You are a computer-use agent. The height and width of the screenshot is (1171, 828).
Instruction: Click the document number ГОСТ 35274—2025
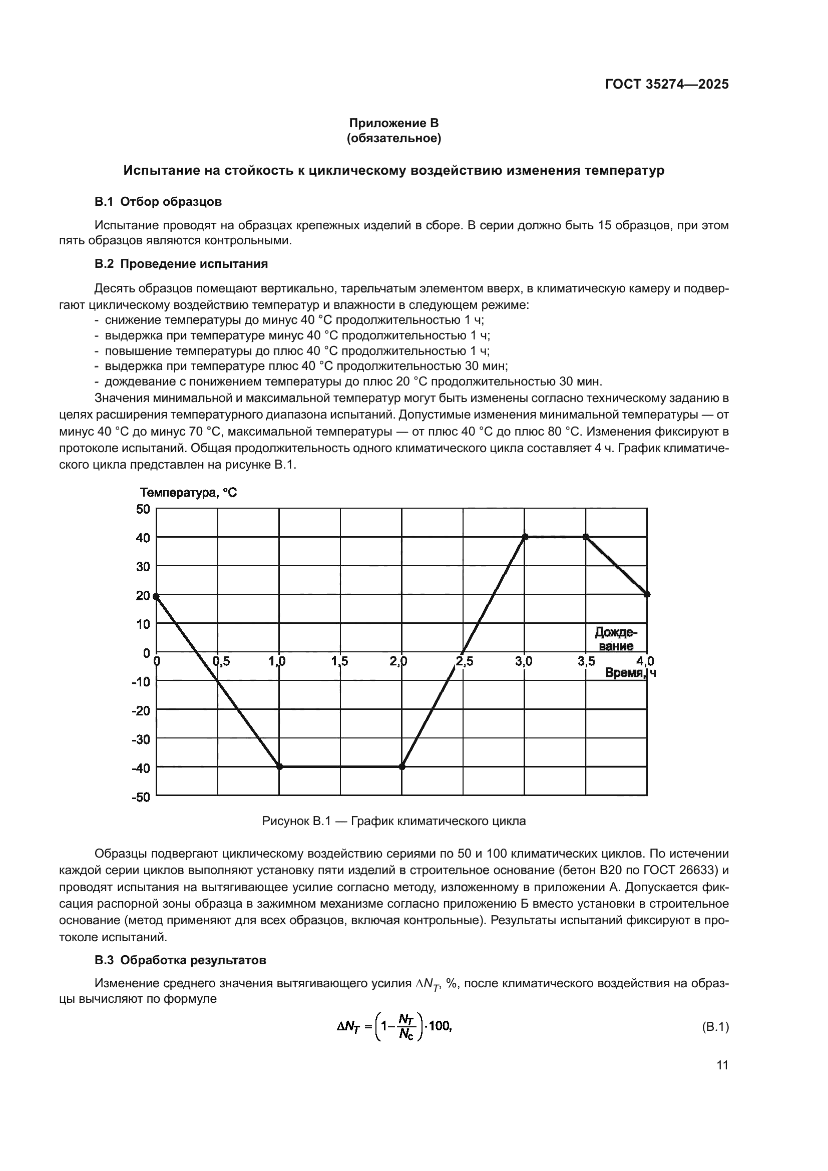coord(666,85)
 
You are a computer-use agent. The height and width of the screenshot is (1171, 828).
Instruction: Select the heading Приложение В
coord(393,123)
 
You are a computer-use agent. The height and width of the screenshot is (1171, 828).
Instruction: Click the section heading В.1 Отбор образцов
coord(158,201)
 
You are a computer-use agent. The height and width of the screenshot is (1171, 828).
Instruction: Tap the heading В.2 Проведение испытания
coord(181,264)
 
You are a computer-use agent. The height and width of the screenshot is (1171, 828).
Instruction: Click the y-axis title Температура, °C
coord(189,493)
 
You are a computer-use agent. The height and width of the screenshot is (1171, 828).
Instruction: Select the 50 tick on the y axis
coord(143,509)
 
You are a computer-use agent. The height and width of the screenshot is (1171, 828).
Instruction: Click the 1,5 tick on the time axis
coord(339,661)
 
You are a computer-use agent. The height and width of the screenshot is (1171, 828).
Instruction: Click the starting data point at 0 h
coord(156,596)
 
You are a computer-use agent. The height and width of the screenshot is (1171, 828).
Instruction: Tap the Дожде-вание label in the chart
coord(616,639)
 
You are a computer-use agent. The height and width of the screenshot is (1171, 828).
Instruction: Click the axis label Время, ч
coord(630,673)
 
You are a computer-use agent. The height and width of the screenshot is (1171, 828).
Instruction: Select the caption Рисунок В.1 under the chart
coord(393,821)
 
